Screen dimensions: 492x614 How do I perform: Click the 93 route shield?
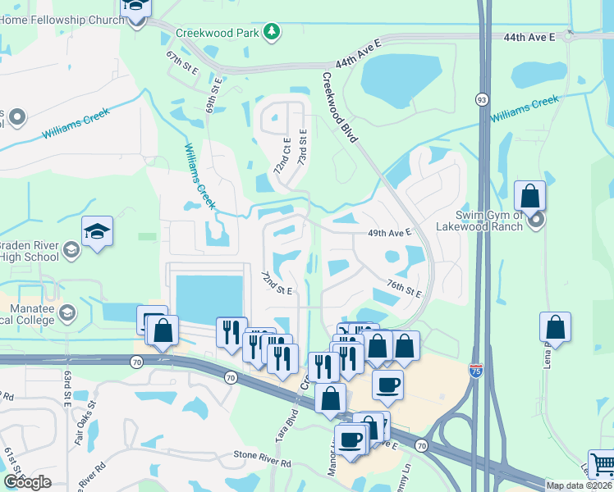(481, 98)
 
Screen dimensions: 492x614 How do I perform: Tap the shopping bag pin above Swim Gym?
(530, 197)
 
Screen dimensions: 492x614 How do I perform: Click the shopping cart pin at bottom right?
(603, 465)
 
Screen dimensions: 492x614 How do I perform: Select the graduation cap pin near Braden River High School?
(97, 232)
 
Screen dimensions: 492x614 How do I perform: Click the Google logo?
(27, 482)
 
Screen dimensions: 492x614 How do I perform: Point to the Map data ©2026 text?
(578, 485)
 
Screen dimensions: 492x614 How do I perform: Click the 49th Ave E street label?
(389, 234)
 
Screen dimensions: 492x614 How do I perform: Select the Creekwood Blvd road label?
(339, 107)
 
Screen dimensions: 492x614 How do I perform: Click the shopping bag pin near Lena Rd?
(556, 327)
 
